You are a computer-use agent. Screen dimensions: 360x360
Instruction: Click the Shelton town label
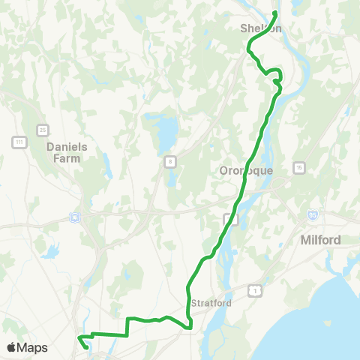260,28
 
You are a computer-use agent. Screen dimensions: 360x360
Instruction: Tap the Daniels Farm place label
67,152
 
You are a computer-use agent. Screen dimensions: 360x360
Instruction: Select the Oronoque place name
246,170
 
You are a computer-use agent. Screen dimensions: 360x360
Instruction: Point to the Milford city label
320,240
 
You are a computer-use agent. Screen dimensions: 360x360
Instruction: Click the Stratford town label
211,303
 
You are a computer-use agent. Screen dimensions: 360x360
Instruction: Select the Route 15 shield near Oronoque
299,166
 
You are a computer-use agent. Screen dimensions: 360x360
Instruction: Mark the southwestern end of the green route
88,347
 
